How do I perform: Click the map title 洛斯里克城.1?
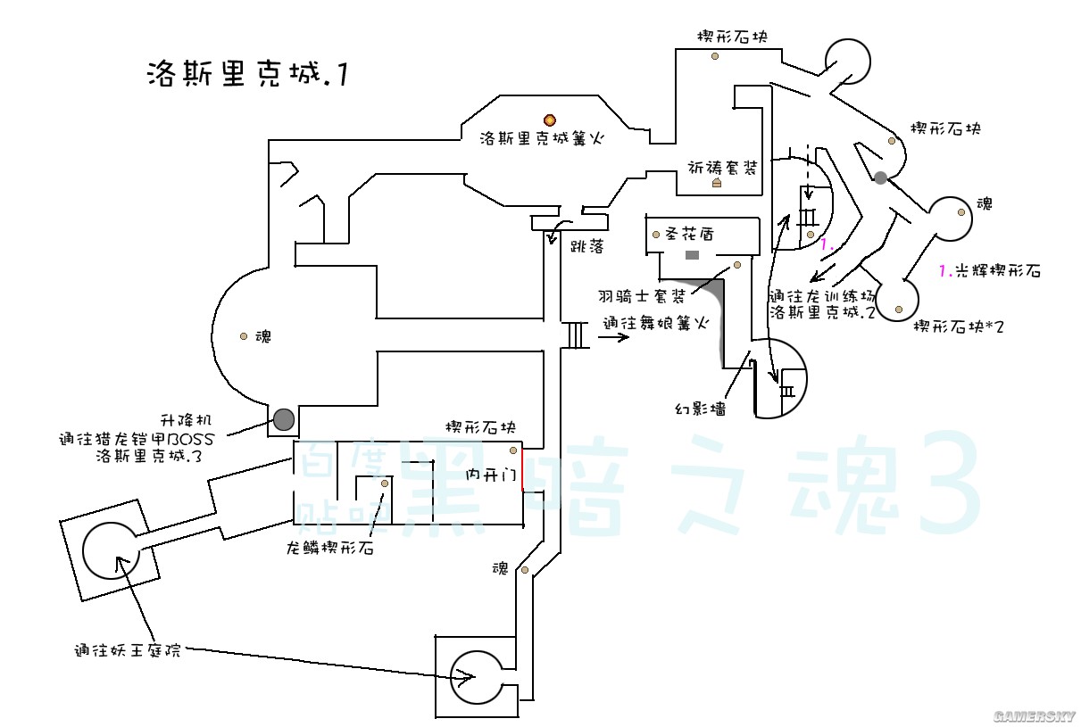point(245,74)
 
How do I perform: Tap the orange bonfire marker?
point(550,120)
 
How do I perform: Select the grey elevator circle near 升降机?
point(284,418)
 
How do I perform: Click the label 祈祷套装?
point(722,167)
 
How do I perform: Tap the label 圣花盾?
point(687,235)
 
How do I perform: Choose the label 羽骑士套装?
point(642,295)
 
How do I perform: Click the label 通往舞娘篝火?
point(655,326)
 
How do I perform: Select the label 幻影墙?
point(700,409)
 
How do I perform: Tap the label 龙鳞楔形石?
point(329,548)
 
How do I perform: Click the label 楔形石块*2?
point(958,327)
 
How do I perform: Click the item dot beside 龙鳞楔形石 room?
point(385,483)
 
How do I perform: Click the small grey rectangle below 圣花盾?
point(692,256)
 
